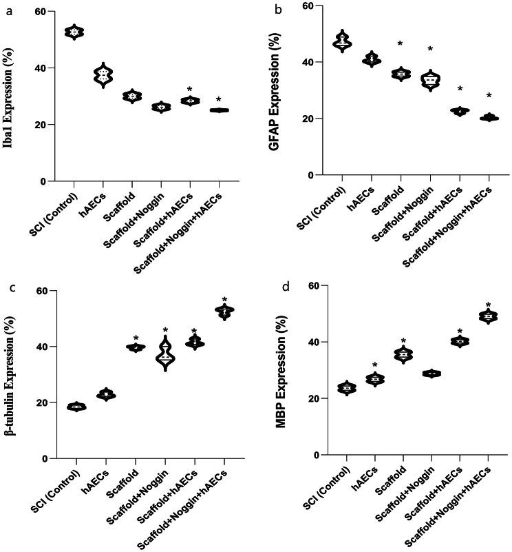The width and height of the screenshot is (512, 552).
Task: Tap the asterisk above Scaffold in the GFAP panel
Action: point(400,45)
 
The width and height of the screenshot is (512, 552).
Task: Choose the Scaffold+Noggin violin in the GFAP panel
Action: point(430,81)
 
